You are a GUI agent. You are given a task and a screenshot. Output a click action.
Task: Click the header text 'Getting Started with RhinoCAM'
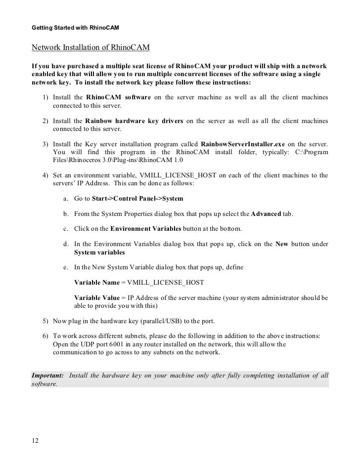76,26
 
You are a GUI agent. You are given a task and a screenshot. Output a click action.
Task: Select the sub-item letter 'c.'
66,229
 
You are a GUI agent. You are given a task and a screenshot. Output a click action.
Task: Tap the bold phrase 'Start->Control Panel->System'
137,199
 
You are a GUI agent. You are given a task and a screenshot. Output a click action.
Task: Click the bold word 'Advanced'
266,214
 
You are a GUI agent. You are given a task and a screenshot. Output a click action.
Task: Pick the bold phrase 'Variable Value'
97,298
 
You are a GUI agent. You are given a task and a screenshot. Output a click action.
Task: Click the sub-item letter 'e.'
66,267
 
